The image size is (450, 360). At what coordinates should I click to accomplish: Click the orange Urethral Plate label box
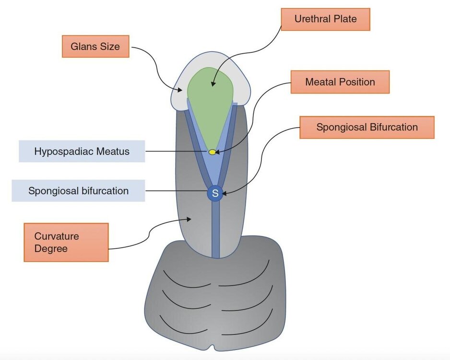pyautogui.click(x=325, y=19)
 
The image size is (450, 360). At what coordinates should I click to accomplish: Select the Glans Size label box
pyautogui.click(x=95, y=47)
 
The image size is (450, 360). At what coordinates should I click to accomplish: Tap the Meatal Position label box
pyautogui.click(x=340, y=82)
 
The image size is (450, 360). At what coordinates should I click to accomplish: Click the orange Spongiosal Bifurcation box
pyautogui.click(x=367, y=127)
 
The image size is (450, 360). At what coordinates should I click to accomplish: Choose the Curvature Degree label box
pyautogui.click(x=66, y=242)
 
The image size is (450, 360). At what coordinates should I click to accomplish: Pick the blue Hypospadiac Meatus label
pyautogui.click(x=82, y=151)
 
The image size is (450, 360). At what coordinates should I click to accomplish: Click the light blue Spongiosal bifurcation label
pyautogui.click(x=78, y=191)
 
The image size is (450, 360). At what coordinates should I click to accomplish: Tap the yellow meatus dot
pyautogui.click(x=212, y=152)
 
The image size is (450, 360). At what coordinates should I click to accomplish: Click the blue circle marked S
pyautogui.click(x=215, y=193)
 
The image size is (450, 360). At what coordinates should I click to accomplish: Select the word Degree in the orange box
pyautogui.click(x=51, y=249)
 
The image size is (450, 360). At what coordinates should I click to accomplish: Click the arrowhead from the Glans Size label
pyautogui.click(x=179, y=90)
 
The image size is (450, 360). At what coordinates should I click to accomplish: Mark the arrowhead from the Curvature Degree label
pyautogui.click(x=189, y=219)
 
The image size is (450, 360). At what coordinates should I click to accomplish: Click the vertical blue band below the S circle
pyautogui.click(x=215, y=229)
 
